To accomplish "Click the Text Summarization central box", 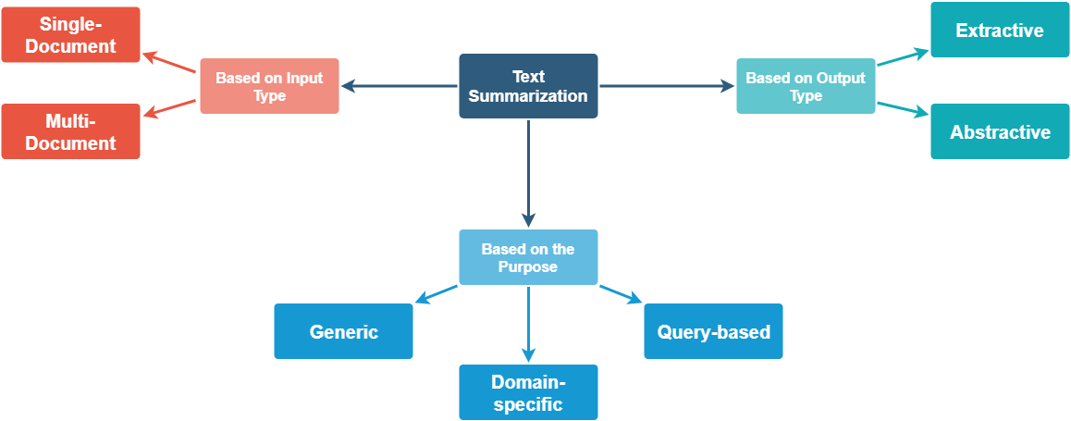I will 528,86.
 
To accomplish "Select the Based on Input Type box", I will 269,87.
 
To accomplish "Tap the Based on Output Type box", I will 806,87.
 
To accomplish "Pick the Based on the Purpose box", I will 528,257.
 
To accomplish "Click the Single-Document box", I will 71,35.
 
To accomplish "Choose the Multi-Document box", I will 71,131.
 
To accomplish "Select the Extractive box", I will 1000,31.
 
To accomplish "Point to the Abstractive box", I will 1000,131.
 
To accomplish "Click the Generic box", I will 343,331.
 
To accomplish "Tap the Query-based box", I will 713,331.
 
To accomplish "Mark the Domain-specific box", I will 528,392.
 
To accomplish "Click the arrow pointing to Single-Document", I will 171,63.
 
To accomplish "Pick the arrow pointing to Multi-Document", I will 171,108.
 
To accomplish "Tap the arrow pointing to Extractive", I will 903,57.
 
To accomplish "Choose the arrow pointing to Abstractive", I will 903,108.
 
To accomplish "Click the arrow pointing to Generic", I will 436,295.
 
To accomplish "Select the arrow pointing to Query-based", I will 621,295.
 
